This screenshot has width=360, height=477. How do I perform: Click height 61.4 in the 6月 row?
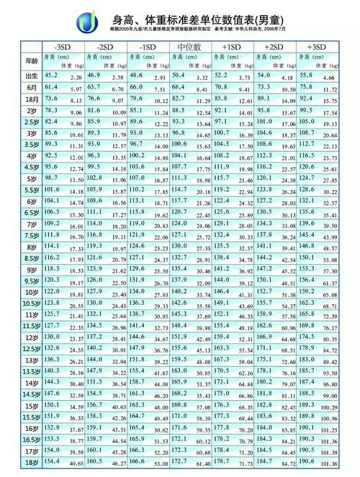tap(52, 86)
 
